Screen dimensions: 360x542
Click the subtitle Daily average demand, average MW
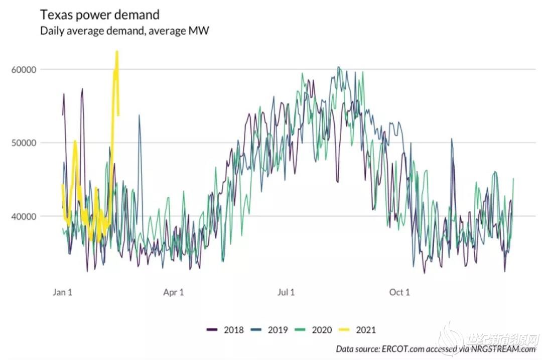coord(124,31)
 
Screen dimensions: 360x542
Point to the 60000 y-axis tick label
coord(24,69)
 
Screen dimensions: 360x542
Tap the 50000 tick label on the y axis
coord(24,143)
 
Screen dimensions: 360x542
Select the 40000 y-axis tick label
coord(24,216)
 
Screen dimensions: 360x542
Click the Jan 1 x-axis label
coord(63,292)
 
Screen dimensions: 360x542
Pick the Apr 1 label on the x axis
coord(174,292)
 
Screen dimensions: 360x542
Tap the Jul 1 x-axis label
coord(286,292)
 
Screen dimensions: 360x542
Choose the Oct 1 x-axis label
coord(399,292)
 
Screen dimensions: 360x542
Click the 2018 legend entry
coord(234,330)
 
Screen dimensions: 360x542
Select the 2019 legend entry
coord(278,330)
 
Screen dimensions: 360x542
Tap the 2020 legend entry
coord(322,330)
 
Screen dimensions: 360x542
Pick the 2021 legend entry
coord(365,330)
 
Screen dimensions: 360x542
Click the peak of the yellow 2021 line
coord(117,52)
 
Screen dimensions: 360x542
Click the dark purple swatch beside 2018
coord(212,330)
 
